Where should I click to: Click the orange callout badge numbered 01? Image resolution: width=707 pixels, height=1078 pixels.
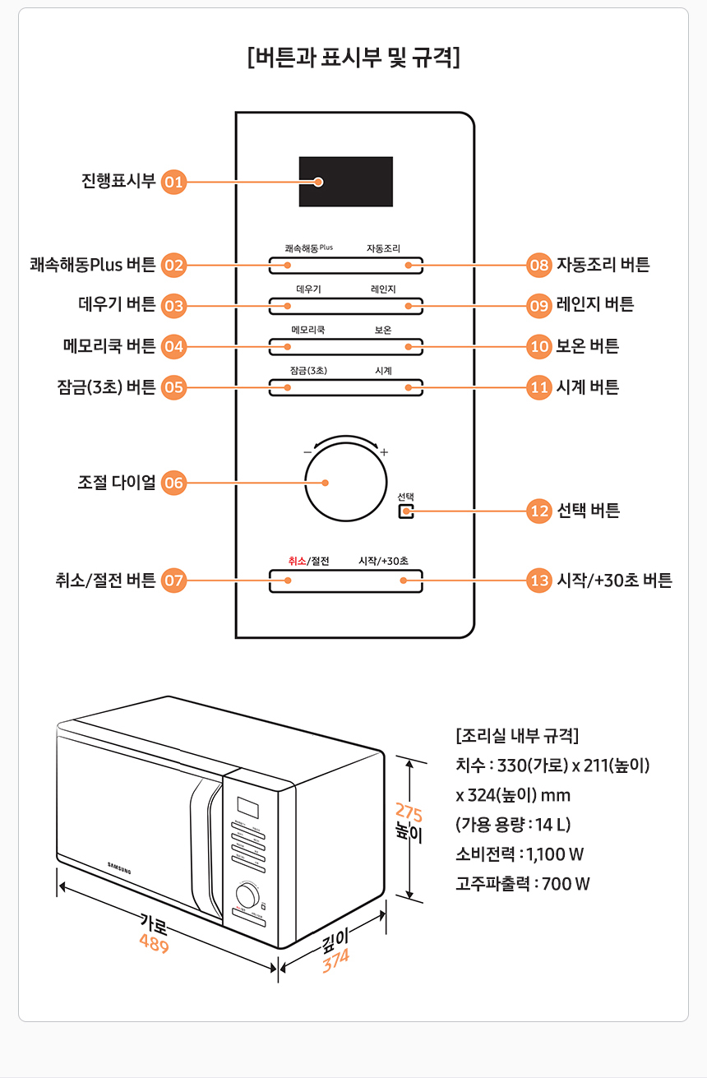173,182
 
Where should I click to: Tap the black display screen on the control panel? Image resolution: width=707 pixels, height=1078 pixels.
345,182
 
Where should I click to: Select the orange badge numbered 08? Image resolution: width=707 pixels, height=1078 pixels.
539,265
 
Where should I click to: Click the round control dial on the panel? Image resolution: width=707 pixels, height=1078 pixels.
346,482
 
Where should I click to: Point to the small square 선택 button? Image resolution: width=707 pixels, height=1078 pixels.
406,511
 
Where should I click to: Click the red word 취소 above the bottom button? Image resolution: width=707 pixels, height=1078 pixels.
297,561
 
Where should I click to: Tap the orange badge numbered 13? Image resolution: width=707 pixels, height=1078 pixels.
539,581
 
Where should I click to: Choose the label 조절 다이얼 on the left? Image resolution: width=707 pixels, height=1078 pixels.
117,483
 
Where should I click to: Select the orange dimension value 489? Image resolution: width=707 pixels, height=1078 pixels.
154,946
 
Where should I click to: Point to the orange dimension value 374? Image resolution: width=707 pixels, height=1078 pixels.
335,960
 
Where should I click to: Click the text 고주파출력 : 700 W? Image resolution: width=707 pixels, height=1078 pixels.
522,884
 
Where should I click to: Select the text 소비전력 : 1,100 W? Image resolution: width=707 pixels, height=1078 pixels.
520,854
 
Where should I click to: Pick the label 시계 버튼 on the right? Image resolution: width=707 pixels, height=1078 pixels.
588,387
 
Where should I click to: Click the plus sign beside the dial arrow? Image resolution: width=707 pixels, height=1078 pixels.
384,452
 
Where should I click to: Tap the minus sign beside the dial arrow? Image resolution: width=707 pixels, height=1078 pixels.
307,452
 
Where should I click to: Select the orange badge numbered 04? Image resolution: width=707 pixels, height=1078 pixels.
173,346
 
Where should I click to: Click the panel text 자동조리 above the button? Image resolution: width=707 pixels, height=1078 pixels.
383,248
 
